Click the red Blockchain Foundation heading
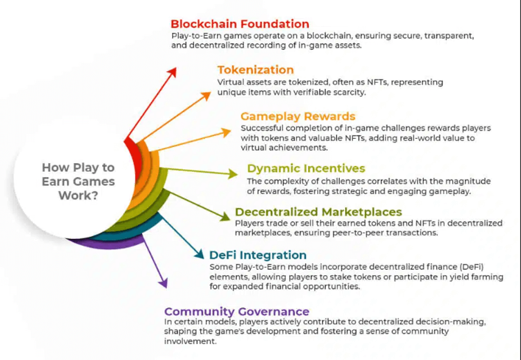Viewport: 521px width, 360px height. tap(239, 24)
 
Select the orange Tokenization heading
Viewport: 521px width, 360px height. tap(256, 70)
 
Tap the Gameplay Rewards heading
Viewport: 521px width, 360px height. tap(298, 116)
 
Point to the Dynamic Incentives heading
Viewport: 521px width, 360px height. tap(306, 168)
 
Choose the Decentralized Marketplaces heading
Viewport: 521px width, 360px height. tap(318, 211)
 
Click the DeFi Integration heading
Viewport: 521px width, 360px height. tap(258, 255)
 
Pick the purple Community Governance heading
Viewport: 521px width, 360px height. tap(237, 311)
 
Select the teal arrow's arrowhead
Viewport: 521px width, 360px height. tap(198, 255)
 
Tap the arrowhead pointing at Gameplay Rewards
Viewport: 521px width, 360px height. tap(227, 131)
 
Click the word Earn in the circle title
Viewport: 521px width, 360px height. tap(55, 181)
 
